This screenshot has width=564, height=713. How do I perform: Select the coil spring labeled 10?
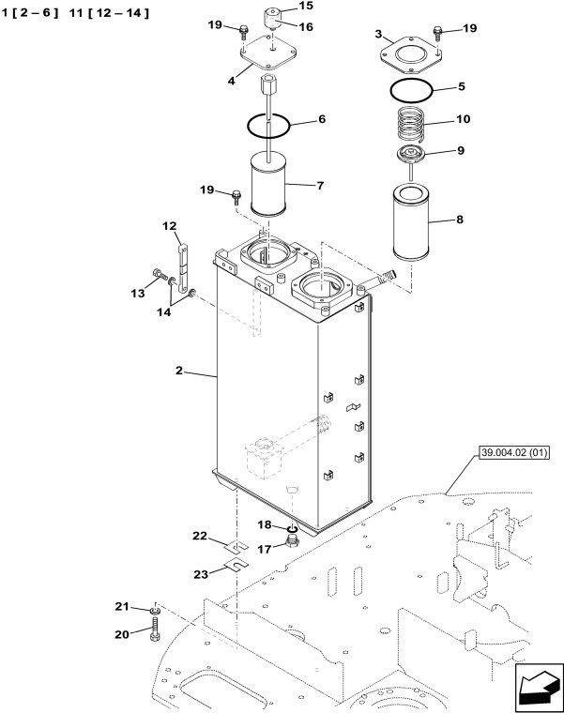(412, 123)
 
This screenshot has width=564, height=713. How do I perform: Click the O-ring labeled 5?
(411, 90)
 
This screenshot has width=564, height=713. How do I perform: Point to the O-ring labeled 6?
(270, 123)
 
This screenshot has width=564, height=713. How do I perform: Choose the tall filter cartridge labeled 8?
(414, 222)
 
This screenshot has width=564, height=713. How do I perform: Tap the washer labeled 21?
(154, 611)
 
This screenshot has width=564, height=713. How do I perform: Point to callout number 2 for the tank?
(178, 371)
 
